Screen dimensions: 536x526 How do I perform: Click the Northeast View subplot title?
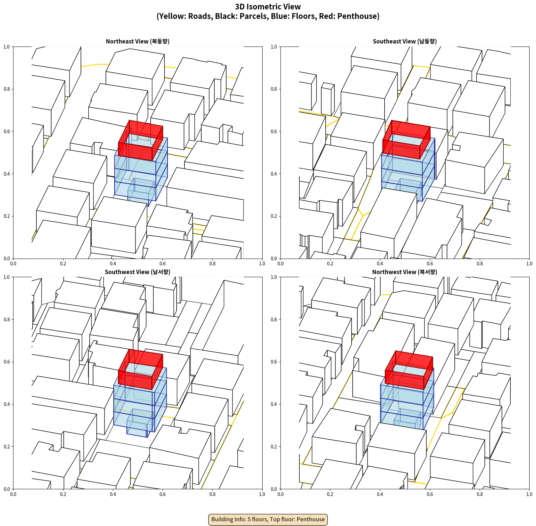(x=138, y=41)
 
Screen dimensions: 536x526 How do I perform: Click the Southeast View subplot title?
(x=405, y=41)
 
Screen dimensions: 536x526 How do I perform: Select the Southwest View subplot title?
(x=138, y=272)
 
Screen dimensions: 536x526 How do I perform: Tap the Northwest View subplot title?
(x=405, y=272)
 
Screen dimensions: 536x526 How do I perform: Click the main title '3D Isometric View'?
(x=268, y=7)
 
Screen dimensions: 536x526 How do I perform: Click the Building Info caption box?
(x=268, y=519)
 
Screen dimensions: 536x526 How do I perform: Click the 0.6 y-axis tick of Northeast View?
(x=7, y=131)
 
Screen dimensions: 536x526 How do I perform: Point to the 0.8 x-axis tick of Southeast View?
(x=480, y=264)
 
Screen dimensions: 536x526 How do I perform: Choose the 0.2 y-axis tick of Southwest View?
(x=7, y=447)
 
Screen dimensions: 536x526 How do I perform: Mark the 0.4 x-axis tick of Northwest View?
(x=380, y=494)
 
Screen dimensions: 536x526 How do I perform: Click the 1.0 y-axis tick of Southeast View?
(x=274, y=47)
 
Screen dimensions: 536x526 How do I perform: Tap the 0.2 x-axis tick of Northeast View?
(x=63, y=264)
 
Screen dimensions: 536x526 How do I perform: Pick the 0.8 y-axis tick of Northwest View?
(x=274, y=320)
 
